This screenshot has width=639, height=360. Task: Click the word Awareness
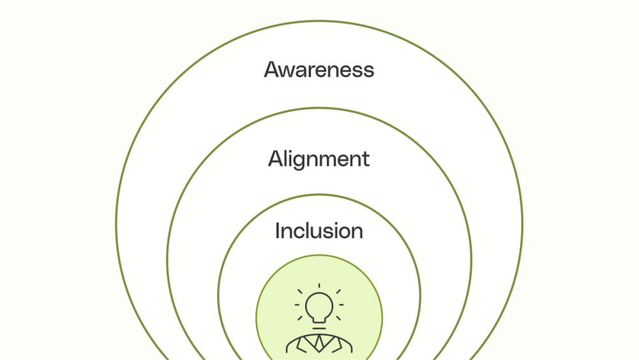[x=319, y=69]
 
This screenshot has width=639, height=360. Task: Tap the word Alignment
[x=319, y=159]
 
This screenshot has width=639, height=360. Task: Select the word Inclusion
[x=319, y=231]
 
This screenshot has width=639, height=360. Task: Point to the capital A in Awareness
[x=272, y=69]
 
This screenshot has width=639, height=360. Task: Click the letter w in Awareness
[x=289, y=70]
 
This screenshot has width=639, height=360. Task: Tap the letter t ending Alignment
[x=366, y=159]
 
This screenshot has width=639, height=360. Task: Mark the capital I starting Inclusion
[x=277, y=231]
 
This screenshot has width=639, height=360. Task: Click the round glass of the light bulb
[x=319, y=305]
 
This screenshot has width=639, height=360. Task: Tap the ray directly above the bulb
[x=319, y=286]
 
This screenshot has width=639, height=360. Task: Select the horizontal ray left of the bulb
[x=297, y=305]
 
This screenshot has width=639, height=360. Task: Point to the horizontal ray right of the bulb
[x=341, y=305]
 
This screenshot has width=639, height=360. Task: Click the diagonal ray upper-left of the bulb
[x=300, y=292]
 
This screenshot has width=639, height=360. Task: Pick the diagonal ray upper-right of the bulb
[x=338, y=292]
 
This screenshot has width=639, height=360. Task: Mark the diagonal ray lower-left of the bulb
[x=300, y=318]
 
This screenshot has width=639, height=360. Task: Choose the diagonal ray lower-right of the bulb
[x=338, y=318]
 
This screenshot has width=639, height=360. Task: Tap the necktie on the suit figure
[x=319, y=343]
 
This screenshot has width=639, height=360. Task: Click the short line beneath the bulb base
[x=319, y=328]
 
